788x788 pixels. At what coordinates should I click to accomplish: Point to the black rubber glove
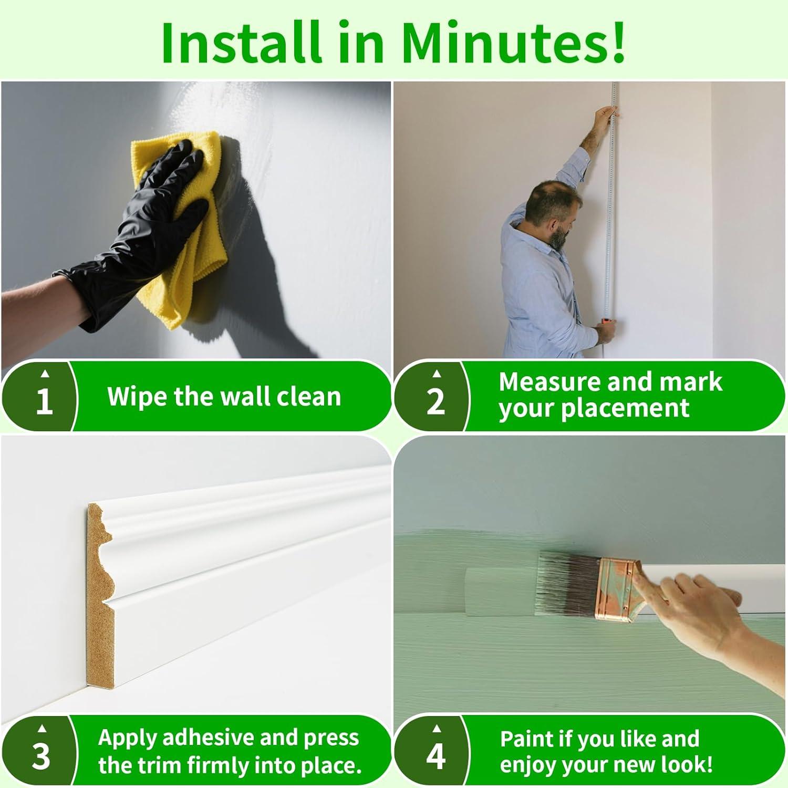point(131,226)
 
